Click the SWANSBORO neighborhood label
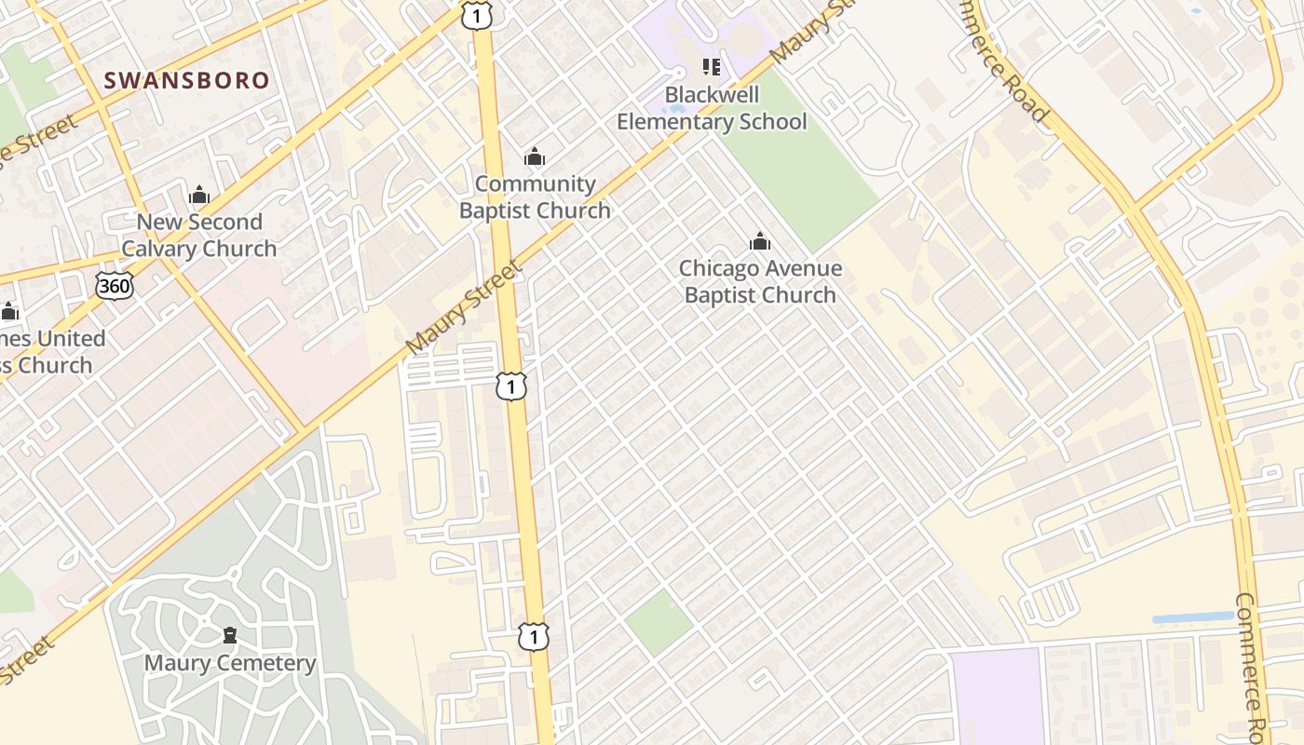[x=186, y=81]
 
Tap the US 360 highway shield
[x=114, y=286]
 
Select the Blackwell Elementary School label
[x=712, y=108]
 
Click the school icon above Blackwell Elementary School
[x=712, y=67]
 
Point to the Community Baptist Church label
[x=535, y=197]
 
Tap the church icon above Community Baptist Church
[x=535, y=156]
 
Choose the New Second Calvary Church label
[x=199, y=236]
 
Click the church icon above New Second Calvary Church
[x=199, y=195]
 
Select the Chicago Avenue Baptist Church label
[x=760, y=281]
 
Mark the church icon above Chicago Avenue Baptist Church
[x=760, y=242]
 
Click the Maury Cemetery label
[x=230, y=663]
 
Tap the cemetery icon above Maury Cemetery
[x=230, y=636]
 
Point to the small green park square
[x=659, y=621]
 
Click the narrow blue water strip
[x=1192, y=617]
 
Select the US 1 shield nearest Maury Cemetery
[x=534, y=637]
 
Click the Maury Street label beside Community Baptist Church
[x=464, y=308]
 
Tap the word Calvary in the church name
[x=161, y=250]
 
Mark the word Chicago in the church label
[x=721, y=268]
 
